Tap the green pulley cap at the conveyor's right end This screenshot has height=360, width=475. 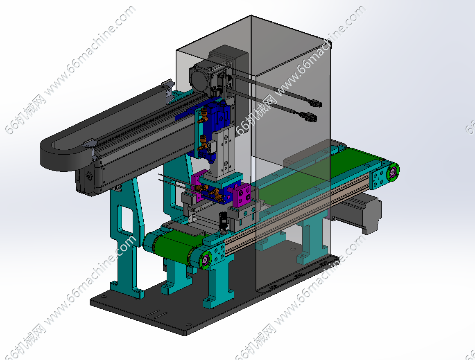[393, 172]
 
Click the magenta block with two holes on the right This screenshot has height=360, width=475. [243, 195]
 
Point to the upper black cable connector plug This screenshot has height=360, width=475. [316, 104]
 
